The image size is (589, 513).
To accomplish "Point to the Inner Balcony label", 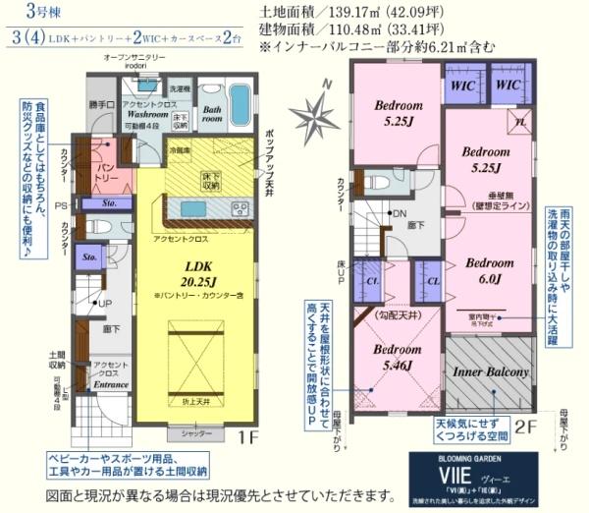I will pyautogui.click(x=490, y=372).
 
